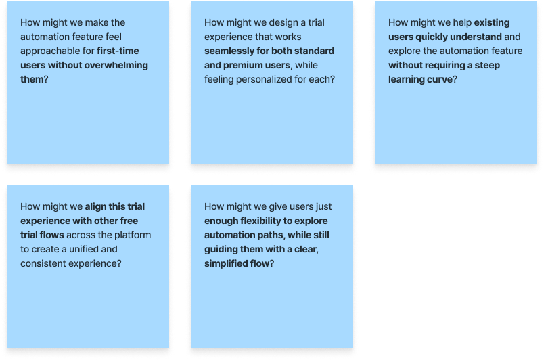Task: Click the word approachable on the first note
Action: (51, 51)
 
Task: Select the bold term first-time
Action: (119, 51)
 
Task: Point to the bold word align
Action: (95, 207)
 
